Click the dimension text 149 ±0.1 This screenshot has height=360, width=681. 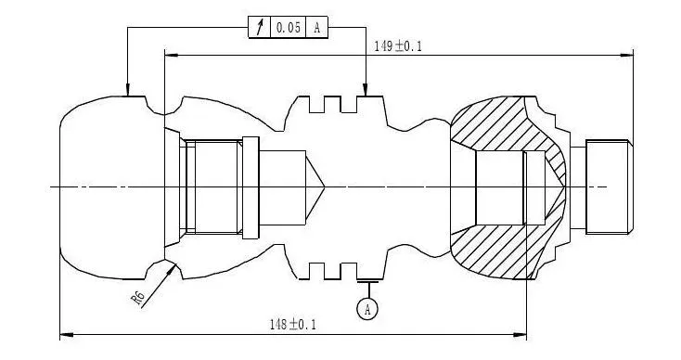(x=397, y=45)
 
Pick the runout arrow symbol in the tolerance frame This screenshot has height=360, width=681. (x=259, y=28)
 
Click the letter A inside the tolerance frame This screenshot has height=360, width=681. (x=317, y=28)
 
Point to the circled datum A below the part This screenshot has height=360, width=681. (x=367, y=307)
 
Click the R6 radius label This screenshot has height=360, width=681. (x=138, y=297)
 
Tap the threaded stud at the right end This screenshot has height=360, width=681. (x=609, y=186)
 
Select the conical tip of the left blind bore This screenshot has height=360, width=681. (x=315, y=186)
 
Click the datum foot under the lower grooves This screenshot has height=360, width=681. (x=367, y=281)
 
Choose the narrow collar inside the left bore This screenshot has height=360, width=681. (x=249, y=186)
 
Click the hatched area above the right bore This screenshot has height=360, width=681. (x=492, y=125)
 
